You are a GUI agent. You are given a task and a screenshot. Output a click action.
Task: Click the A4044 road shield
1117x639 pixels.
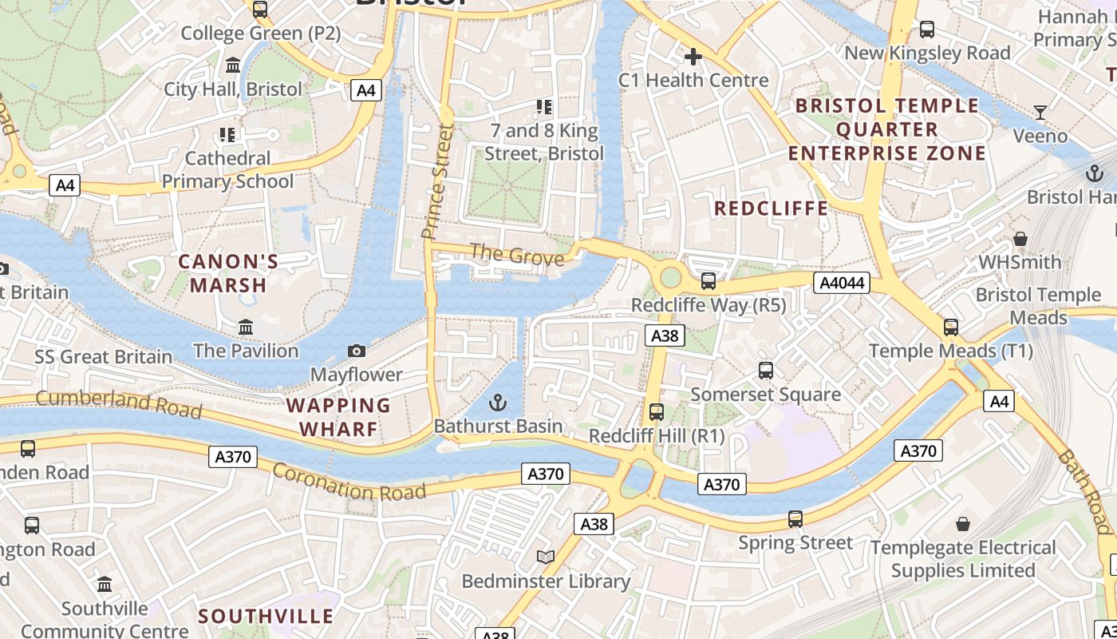pos(841,283)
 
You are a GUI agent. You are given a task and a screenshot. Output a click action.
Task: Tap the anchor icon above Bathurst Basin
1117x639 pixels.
pos(498,403)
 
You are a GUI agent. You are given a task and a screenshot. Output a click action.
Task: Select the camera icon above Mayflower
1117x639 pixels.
pos(357,351)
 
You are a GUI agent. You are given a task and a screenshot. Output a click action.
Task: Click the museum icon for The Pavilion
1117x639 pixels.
pos(246,327)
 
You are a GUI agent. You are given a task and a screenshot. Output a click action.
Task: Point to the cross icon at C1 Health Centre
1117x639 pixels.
pos(693,57)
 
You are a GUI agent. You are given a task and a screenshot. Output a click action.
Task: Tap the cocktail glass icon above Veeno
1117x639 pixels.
pos(1040,112)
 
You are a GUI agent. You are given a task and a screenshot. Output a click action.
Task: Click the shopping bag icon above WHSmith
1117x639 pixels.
pos(1020,238)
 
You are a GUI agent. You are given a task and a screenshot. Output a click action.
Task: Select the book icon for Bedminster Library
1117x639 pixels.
pos(546,557)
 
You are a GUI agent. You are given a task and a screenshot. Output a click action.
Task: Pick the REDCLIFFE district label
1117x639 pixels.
pos(771,208)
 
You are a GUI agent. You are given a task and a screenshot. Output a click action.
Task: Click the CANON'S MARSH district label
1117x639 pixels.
pos(228,273)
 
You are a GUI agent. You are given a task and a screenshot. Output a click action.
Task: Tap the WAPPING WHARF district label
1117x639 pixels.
pos(339,417)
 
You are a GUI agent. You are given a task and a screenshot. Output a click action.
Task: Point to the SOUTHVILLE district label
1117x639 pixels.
pos(266,616)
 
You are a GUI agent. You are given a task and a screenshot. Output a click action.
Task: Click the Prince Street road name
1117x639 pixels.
pos(437,181)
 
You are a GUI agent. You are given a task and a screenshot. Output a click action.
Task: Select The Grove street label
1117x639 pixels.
pos(517,255)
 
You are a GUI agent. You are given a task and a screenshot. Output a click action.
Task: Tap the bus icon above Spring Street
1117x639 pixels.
pos(795,518)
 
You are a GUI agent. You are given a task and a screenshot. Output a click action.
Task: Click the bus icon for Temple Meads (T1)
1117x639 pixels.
pos(950,327)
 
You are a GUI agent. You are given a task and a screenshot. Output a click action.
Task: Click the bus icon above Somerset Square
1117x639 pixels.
pos(766,371)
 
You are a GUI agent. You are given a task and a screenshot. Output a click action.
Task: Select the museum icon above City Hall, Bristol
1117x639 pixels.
pos(233,65)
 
